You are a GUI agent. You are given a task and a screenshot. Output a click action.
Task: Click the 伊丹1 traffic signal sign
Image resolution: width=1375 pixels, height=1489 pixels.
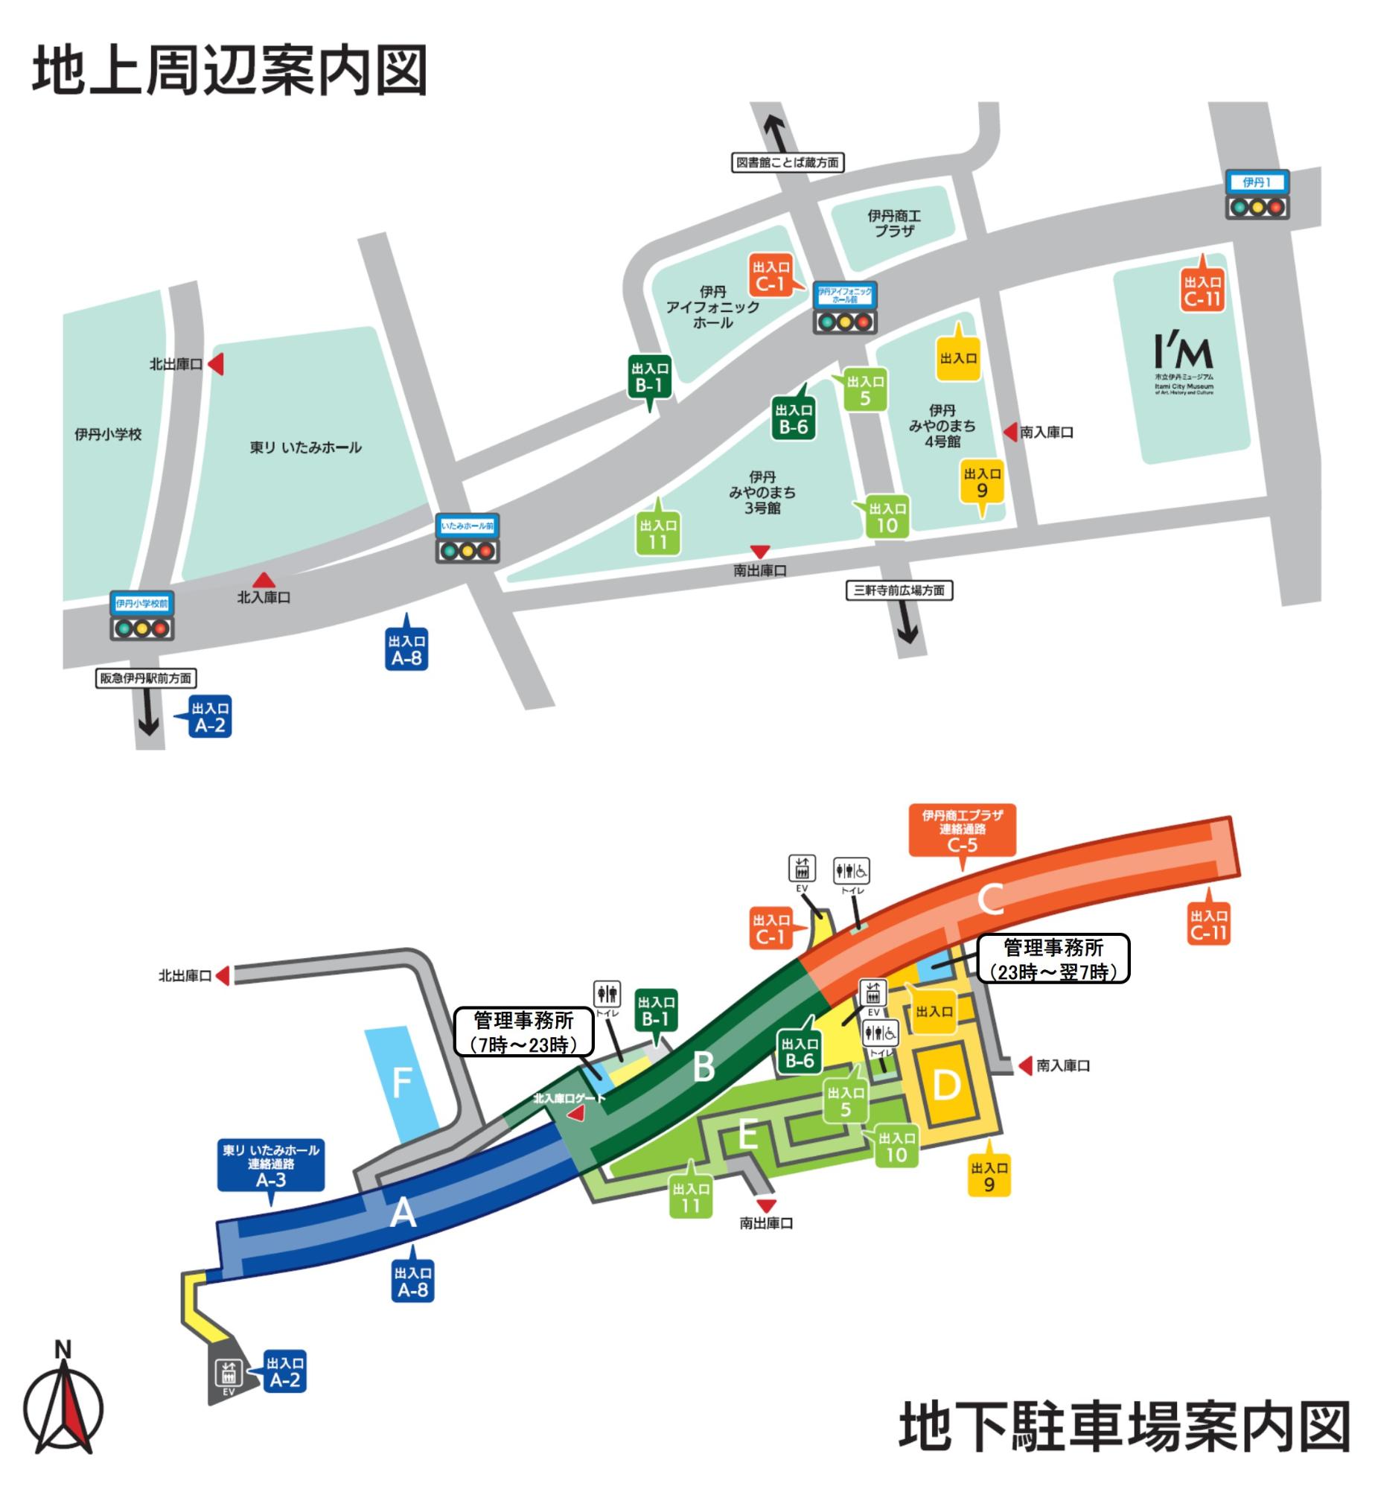click(1257, 182)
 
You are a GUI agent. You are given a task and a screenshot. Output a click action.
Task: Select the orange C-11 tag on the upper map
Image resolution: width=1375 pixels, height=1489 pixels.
click(1202, 290)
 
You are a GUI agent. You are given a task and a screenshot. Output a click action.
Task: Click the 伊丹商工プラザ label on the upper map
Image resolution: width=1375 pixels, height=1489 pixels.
click(893, 223)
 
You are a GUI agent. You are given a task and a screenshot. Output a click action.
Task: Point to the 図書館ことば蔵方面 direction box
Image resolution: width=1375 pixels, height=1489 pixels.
click(787, 162)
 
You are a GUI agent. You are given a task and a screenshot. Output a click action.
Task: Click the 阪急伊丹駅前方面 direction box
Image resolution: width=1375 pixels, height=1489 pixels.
click(146, 678)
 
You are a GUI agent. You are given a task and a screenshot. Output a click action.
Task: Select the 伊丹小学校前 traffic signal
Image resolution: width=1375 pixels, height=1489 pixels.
click(141, 617)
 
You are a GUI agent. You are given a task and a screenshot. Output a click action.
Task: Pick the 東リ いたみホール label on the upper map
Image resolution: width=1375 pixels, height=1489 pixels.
click(305, 447)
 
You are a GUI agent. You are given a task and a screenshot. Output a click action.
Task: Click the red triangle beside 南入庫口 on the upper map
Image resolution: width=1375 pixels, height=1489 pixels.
click(1010, 432)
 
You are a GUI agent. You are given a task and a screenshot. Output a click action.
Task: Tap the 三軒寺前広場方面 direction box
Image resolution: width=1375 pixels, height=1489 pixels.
click(899, 590)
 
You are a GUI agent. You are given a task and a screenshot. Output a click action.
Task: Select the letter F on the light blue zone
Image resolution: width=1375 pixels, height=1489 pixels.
click(402, 1083)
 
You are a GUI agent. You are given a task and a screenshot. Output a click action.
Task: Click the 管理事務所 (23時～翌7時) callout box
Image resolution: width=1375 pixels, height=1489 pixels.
click(1053, 959)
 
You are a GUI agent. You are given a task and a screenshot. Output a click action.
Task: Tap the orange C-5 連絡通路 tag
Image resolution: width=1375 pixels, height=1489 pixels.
click(962, 830)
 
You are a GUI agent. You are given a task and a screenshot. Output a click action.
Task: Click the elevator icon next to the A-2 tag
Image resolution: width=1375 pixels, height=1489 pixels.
click(228, 1371)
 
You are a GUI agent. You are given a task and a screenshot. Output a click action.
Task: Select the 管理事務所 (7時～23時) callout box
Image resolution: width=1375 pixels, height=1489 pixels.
click(524, 1032)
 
